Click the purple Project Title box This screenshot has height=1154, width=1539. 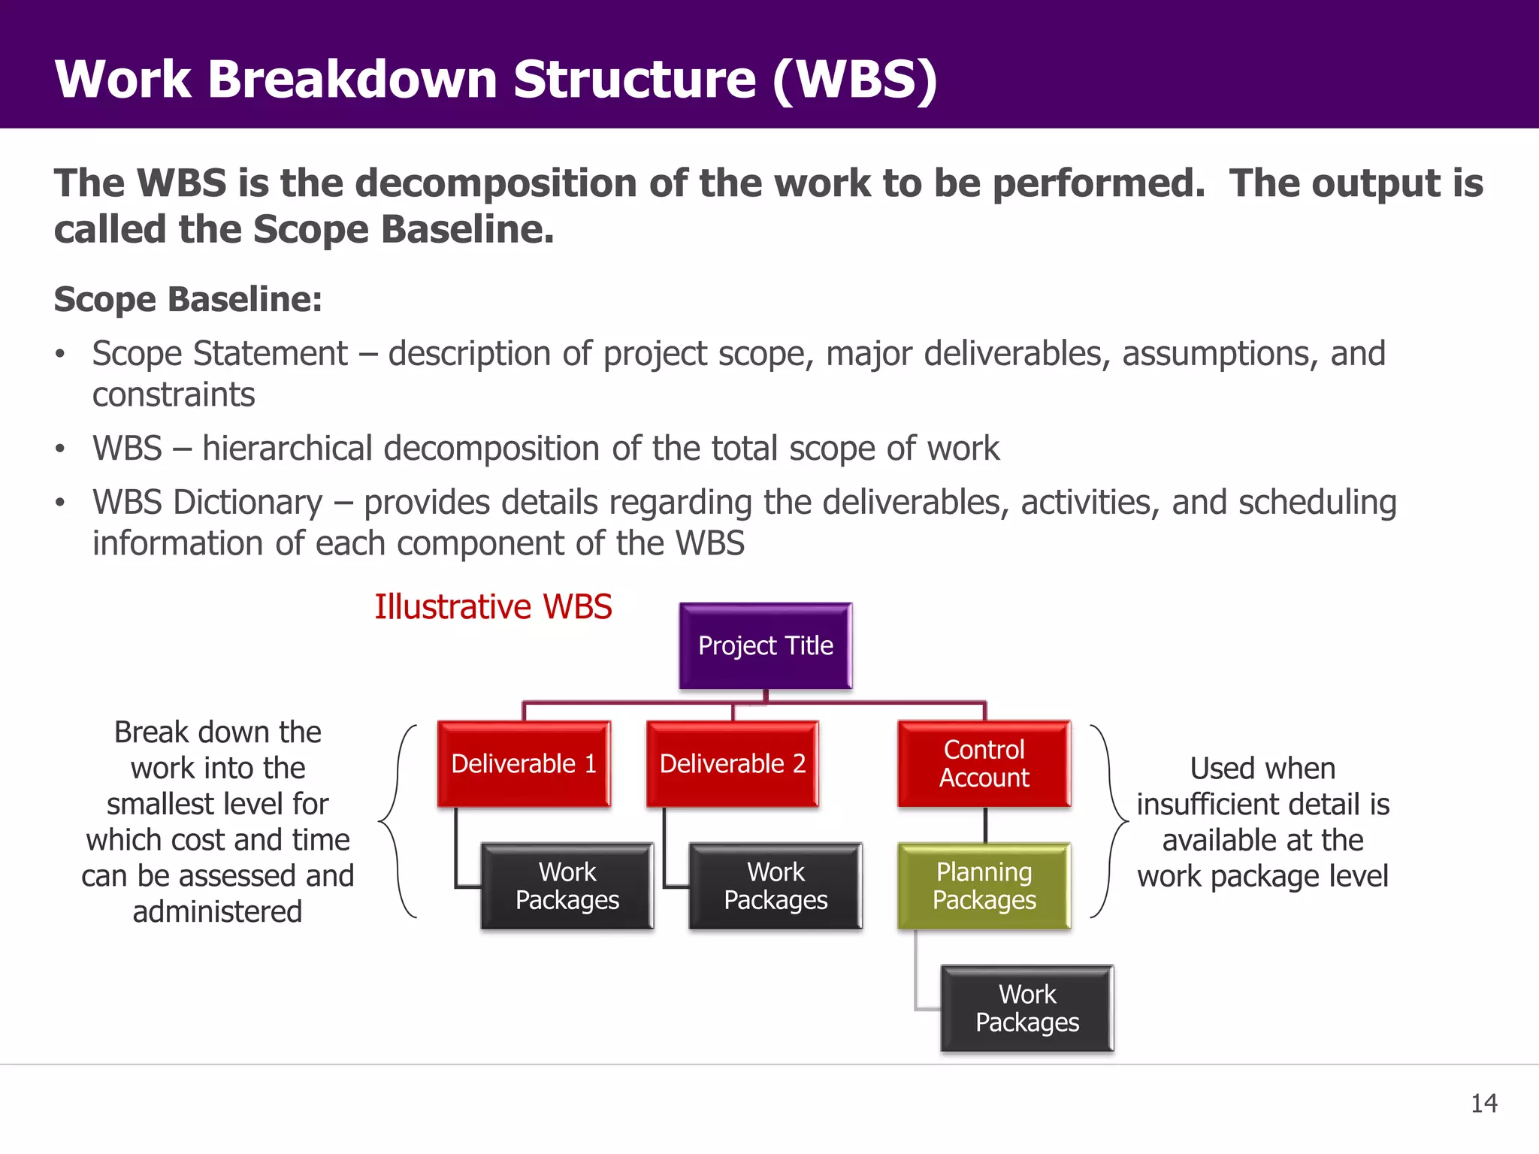coord(765,646)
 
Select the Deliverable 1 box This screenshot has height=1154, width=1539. coord(524,764)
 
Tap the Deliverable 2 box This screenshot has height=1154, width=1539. coord(733,764)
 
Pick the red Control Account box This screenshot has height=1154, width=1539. coord(984,764)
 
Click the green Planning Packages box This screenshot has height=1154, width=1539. coord(984,886)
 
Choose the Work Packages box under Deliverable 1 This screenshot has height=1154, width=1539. coord(567,886)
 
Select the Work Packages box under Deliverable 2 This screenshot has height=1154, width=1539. coord(776,886)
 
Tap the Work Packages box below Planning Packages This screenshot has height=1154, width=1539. coord(1027,1008)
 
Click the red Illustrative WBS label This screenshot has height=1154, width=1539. coord(493,607)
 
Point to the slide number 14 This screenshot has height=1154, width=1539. coord(1483,1103)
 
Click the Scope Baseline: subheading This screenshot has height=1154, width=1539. coord(188,299)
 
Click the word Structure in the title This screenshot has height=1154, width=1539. coord(634,79)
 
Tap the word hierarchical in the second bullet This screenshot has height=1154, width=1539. coord(288,449)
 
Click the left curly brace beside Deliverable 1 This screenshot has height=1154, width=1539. coord(396,821)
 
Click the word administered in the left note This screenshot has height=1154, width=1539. coord(217,911)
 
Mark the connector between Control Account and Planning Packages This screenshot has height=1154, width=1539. coord(984,825)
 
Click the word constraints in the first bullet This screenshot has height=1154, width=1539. coord(174,395)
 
